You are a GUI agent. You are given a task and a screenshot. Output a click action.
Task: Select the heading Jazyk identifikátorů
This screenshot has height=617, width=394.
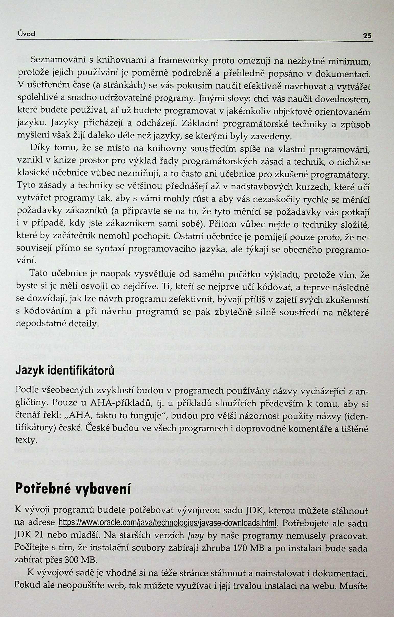65,371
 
